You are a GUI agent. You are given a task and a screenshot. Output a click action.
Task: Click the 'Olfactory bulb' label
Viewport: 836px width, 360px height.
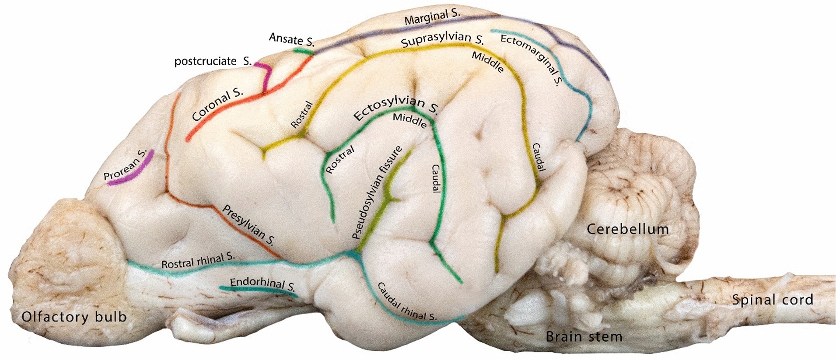pos(74,317)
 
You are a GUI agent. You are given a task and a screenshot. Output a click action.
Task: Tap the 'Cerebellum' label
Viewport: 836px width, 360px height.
pos(627,229)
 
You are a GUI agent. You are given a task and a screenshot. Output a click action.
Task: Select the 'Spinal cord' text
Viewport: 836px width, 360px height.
pos(772,300)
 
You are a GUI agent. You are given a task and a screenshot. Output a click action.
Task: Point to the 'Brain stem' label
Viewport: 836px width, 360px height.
pos(584,336)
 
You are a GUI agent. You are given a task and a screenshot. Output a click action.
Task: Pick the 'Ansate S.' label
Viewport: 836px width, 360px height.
pos(291,39)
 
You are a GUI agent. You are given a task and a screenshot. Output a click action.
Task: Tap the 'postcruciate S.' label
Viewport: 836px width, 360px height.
pos(213,61)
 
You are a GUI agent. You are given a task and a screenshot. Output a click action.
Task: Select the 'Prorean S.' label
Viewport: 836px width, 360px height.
pos(124,165)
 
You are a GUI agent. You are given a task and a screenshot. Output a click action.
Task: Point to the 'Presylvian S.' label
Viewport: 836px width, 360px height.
pos(248,225)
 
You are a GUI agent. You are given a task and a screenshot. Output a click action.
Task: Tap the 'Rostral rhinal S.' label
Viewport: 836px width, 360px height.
pos(198,261)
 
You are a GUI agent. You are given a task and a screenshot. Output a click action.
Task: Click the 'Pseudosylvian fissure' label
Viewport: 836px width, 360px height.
pos(377,193)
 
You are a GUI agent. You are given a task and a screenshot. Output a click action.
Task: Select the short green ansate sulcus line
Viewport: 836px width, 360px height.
pos(303,52)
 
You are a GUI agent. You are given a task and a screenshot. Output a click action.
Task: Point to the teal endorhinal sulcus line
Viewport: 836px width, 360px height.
pos(258,290)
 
